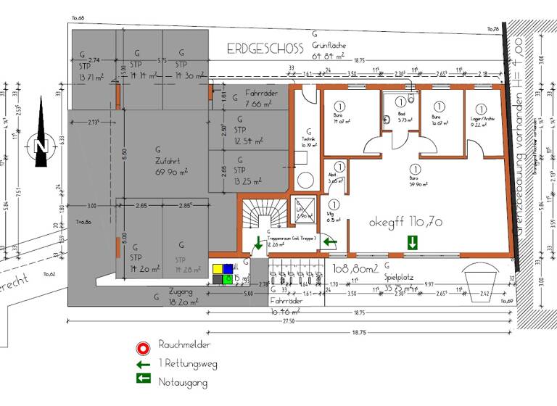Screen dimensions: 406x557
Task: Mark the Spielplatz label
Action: (x=397, y=281)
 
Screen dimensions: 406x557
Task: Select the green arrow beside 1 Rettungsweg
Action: (x=144, y=363)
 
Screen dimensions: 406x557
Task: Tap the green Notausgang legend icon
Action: (x=144, y=378)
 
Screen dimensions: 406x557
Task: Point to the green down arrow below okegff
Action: (x=413, y=241)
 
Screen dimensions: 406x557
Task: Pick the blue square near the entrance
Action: (x=228, y=268)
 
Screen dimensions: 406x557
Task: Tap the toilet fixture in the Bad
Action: (x=412, y=100)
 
